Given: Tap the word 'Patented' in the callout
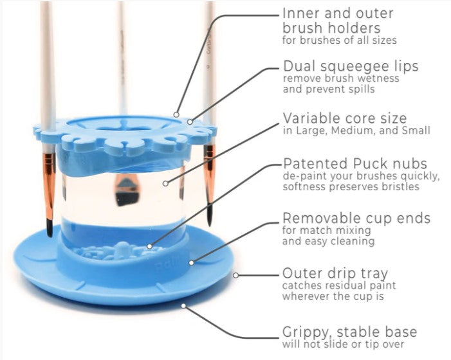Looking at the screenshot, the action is click(x=316, y=163).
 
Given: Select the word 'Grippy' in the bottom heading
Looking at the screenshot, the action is click(x=307, y=333).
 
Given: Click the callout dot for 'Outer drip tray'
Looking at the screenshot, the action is click(x=235, y=275).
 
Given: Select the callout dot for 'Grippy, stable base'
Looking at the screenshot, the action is click(x=183, y=306).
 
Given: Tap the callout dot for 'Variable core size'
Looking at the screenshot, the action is click(x=165, y=183).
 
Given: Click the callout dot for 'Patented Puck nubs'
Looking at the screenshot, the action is click(x=149, y=246).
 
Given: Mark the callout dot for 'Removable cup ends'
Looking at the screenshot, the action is click(x=192, y=262).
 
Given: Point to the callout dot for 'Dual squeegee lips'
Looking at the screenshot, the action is click(x=190, y=122).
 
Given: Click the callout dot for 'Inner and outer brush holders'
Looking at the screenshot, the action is click(x=176, y=114).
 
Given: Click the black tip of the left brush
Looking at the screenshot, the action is click(x=50, y=228).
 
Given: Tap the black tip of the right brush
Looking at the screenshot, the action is click(x=210, y=215).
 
